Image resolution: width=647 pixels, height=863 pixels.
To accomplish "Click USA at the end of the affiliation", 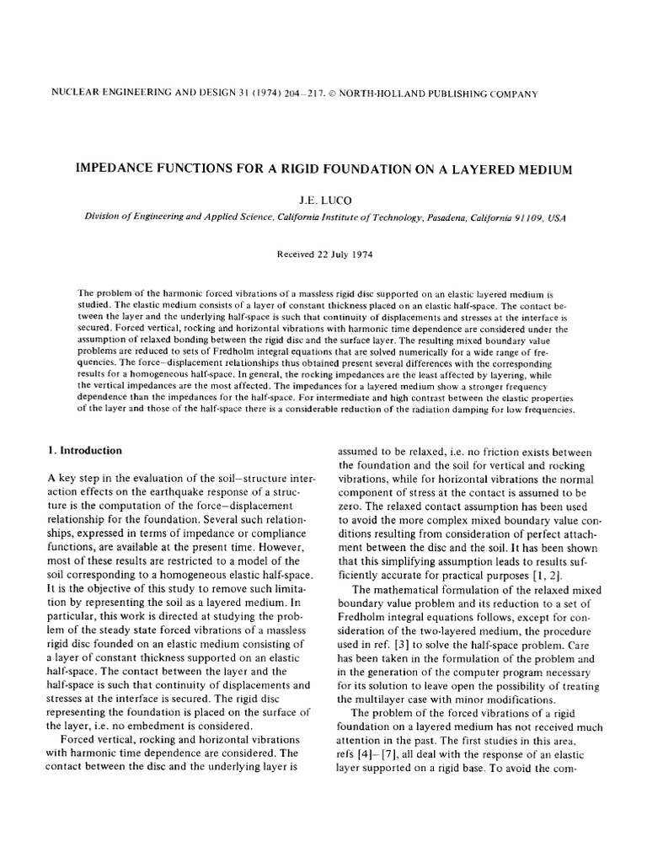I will pos(557,217).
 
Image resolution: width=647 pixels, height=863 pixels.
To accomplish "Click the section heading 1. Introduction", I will pos(85,451).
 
